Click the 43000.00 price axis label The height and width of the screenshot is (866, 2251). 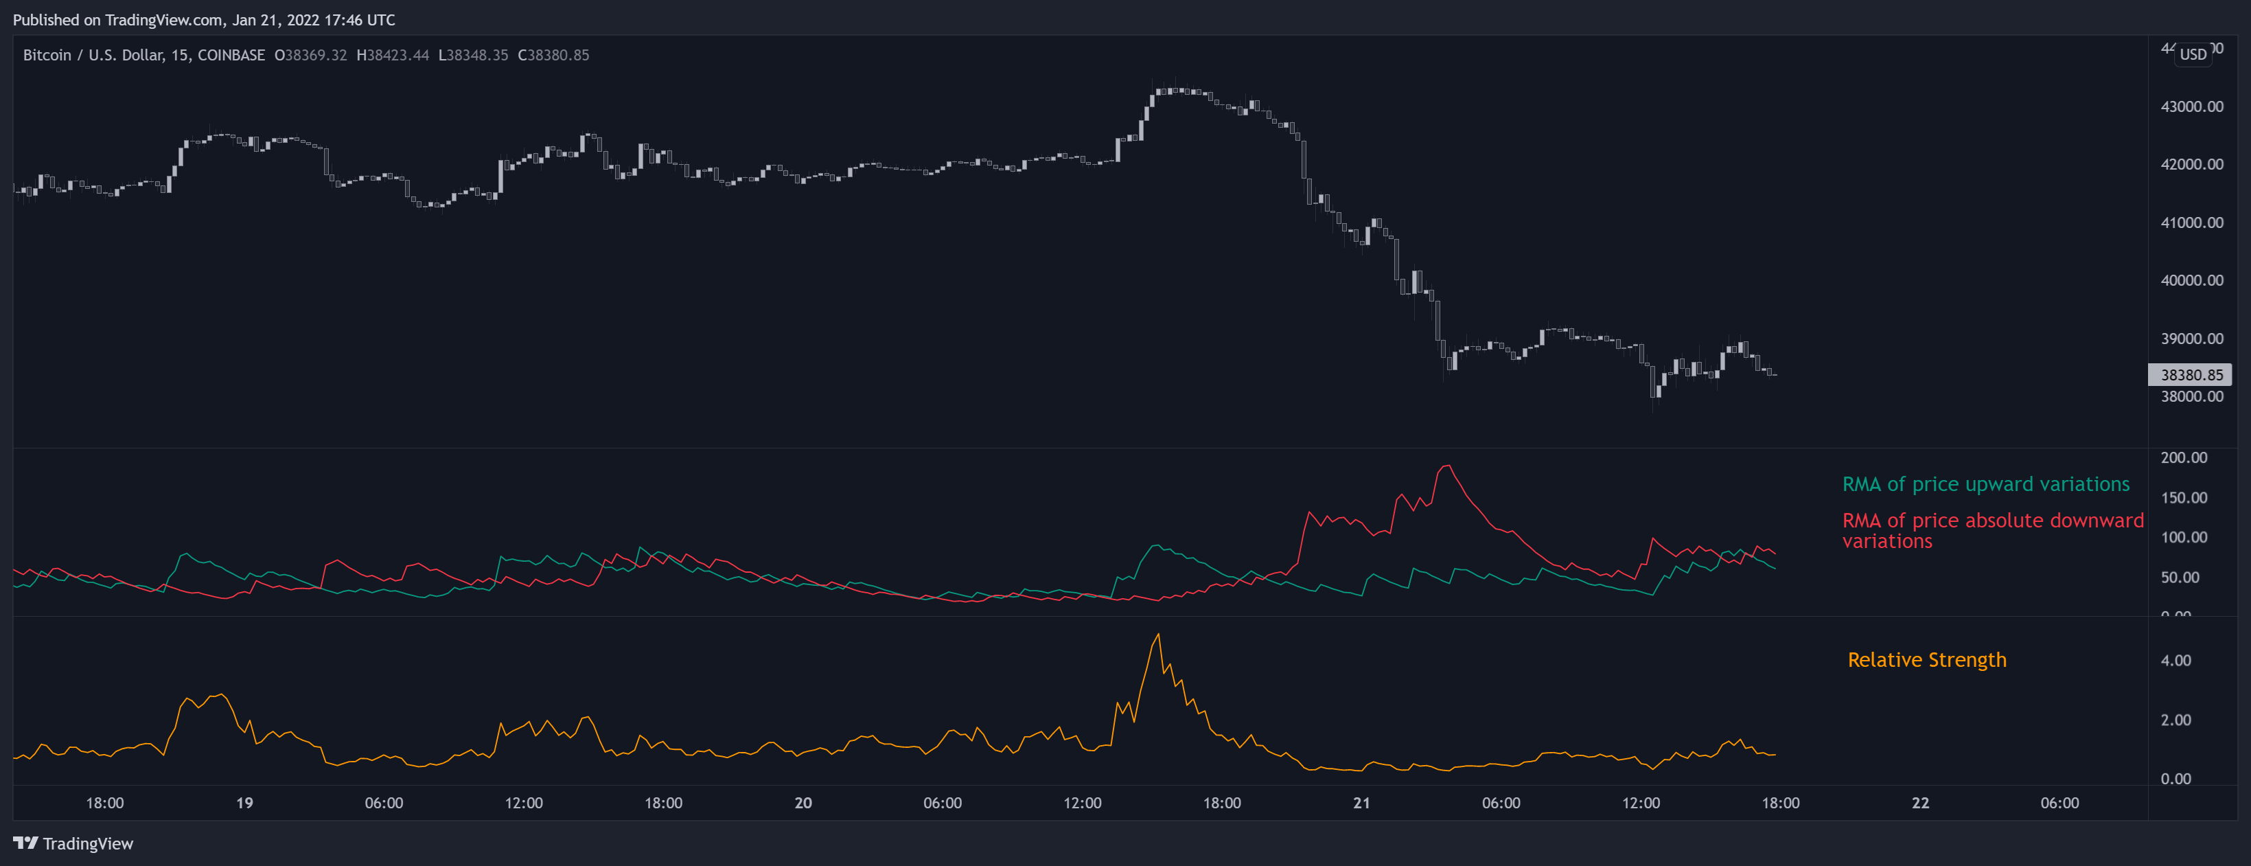2191,106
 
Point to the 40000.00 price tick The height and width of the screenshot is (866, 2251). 2191,280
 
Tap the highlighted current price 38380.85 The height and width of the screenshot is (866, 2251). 2191,375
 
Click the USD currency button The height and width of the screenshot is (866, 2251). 2193,54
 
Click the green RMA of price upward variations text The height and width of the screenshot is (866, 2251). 1985,484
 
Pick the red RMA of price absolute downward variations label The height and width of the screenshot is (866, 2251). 1992,530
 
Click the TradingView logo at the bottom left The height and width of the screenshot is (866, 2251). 73,843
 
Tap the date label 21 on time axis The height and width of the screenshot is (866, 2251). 1361,803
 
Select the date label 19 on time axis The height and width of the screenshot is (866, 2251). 244,803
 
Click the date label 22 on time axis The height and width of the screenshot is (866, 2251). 1920,803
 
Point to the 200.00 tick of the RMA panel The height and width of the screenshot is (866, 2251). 2183,458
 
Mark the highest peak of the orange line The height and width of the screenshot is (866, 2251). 1159,635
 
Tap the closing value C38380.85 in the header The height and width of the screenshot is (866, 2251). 553,55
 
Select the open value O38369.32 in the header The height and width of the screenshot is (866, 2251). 310,55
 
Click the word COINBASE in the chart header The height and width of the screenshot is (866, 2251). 231,55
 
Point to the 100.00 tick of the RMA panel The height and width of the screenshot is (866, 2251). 2183,538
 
